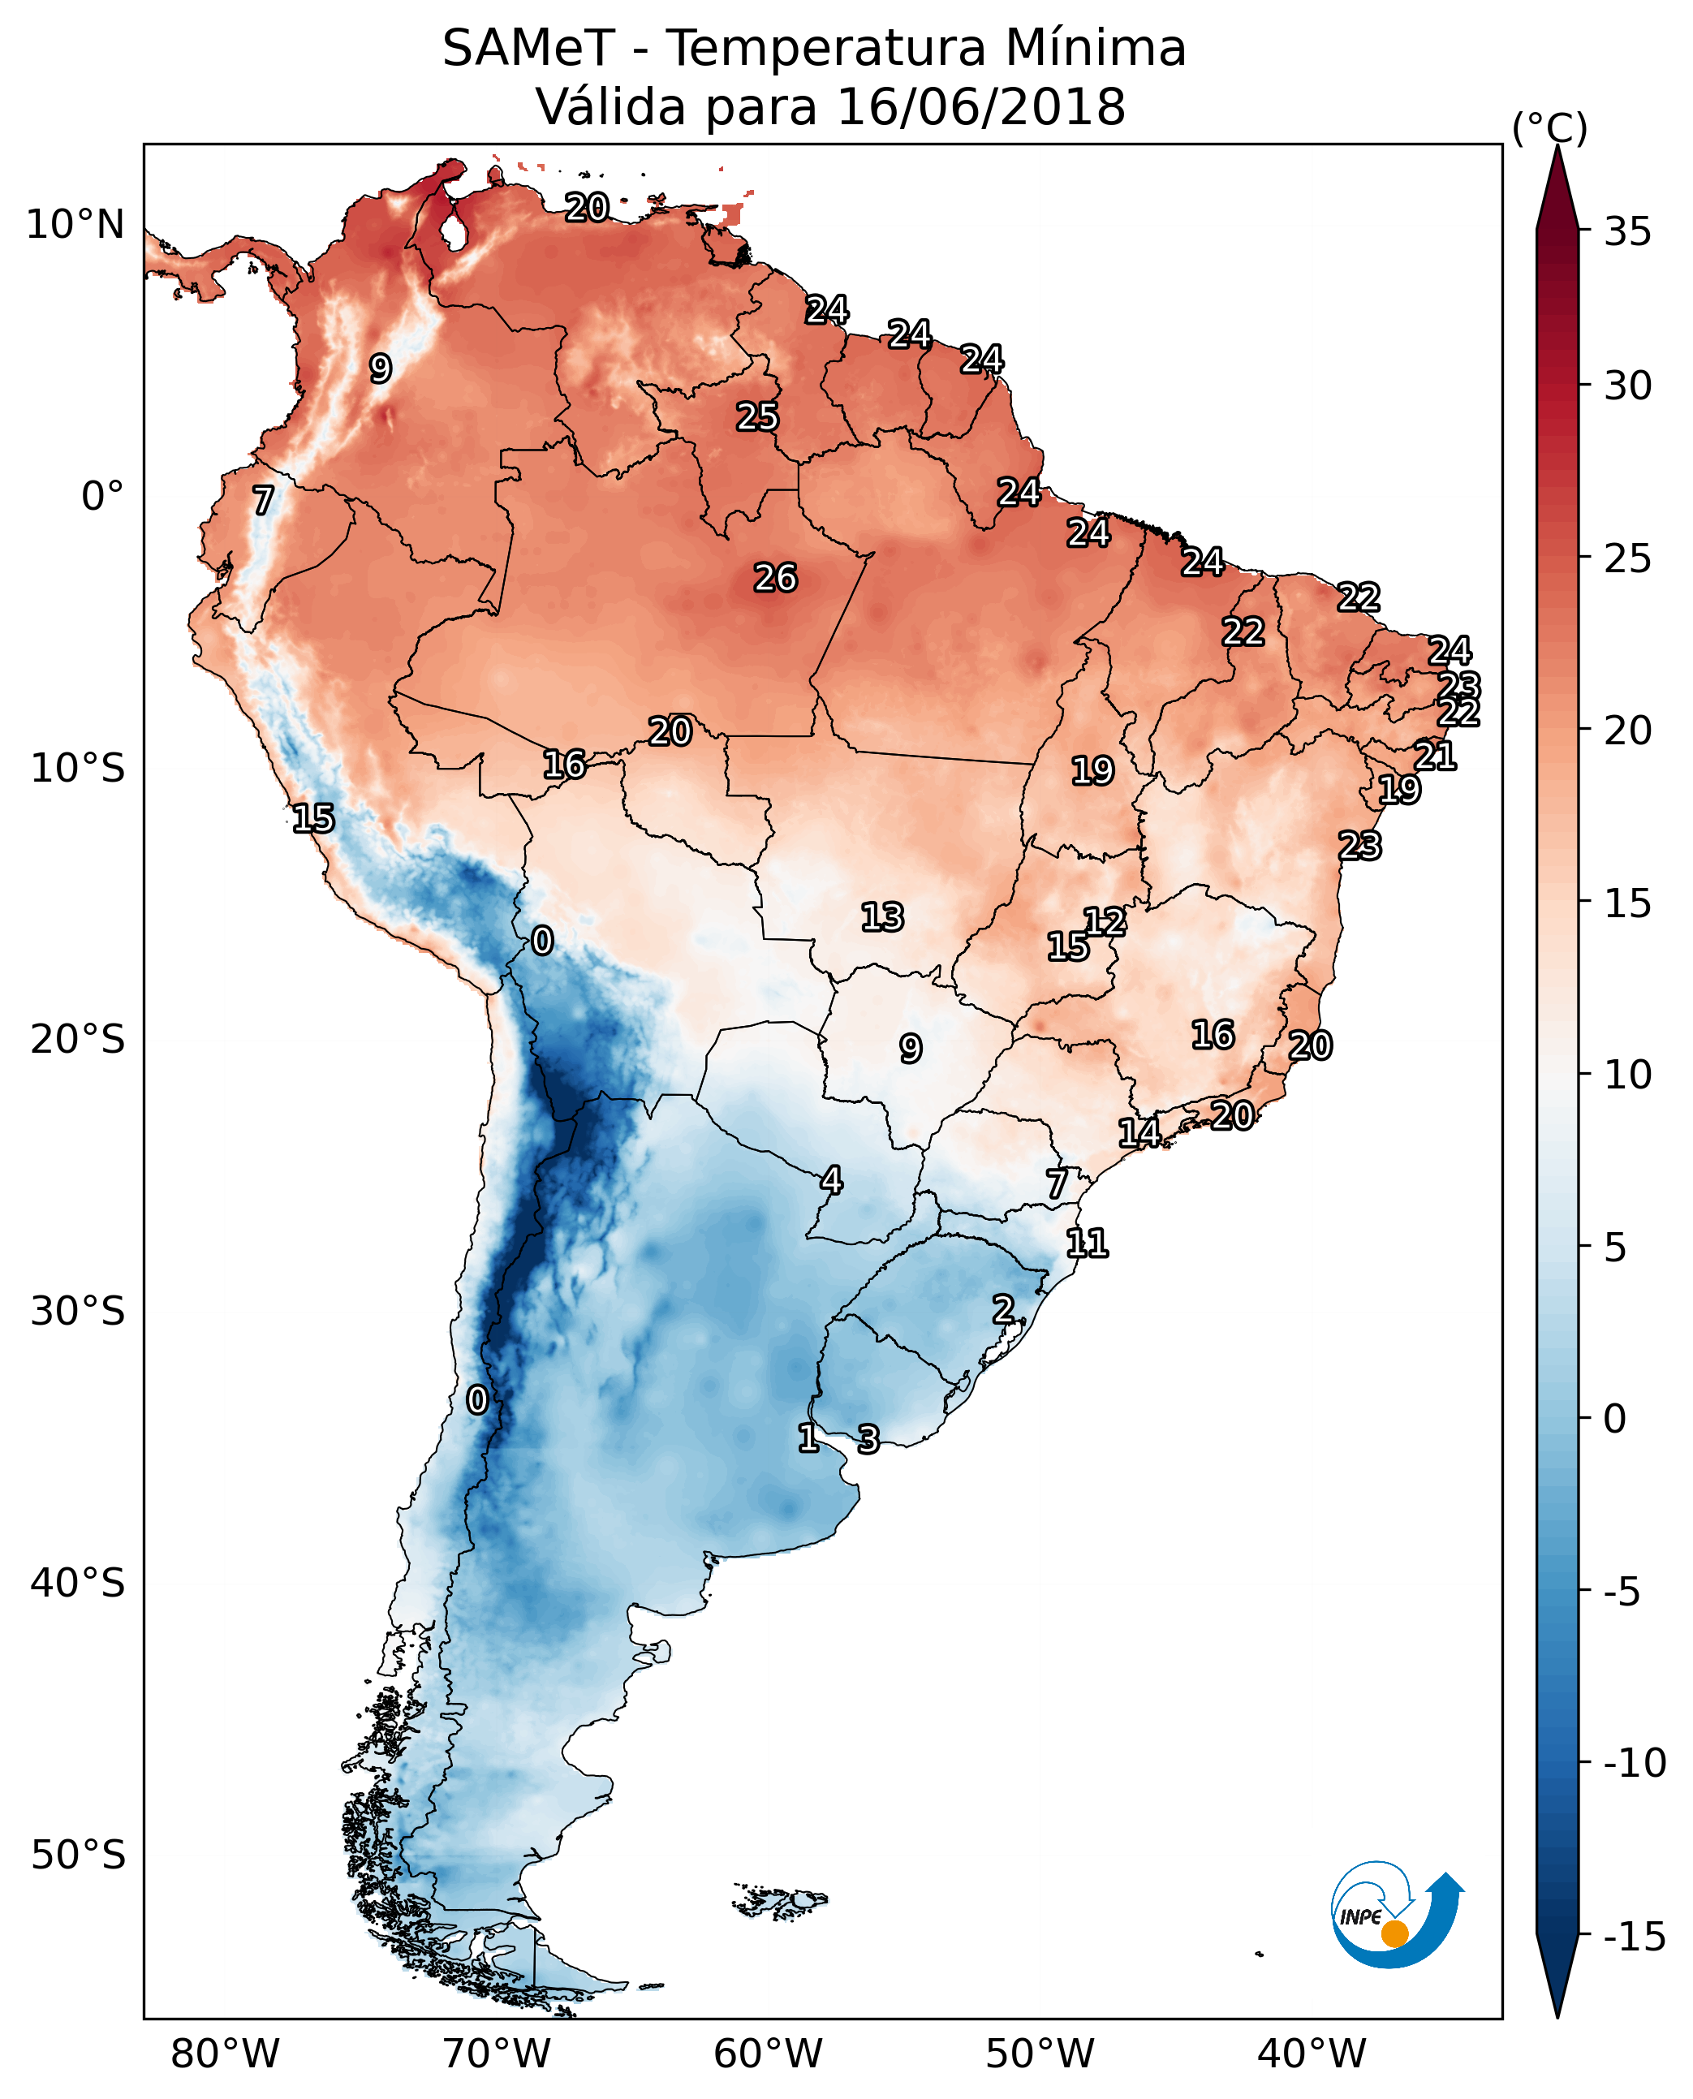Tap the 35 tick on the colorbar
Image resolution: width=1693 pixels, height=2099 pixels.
tap(1627, 232)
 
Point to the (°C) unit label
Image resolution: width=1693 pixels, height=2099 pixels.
tap(1549, 127)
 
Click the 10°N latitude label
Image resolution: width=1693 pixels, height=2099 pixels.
tap(75, 226)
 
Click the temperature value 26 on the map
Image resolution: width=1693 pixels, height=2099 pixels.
tap(775, 579)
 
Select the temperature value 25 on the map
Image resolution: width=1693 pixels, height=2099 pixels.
tap(758, 417)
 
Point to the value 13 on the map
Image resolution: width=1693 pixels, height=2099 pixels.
tap(882, 917)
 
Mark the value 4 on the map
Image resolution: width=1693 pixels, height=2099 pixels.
tap(831, 1180)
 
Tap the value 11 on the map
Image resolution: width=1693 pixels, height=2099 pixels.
tap(1088, 1243)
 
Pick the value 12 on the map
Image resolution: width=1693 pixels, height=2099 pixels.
tap(1105, 922)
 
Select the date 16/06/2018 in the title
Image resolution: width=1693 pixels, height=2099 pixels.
tap(981, 107)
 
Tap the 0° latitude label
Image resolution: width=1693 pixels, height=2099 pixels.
tap(102, 497)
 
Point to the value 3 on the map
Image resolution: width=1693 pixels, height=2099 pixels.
tap(868, 1438)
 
